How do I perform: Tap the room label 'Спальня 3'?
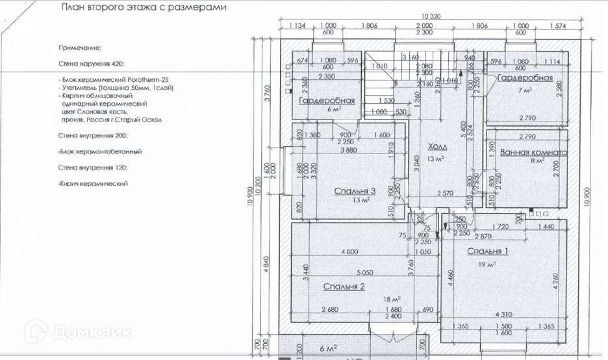point(355,191)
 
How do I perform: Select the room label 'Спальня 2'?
point(344,286)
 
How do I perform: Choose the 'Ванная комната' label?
point(533,153)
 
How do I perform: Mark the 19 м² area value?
point(488,264)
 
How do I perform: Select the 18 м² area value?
point(390,299)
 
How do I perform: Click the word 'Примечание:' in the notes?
point(80,48)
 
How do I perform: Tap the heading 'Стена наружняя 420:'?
point(90,65)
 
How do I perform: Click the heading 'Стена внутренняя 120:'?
point(92,168)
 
